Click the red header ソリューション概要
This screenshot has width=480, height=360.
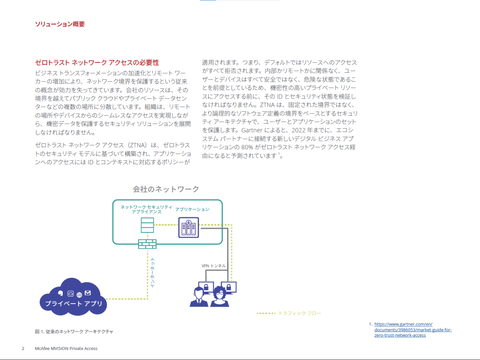tap(60, 24)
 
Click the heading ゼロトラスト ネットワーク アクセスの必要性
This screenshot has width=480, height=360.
tap(97, 62)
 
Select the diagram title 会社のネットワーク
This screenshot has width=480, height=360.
tap(166, 189)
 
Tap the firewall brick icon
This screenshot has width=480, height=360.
tap(147, 244)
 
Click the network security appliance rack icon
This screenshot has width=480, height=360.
tap(147, 225)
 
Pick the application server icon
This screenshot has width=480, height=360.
tap(188, 227)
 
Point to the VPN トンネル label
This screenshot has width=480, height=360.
tap(214, 266)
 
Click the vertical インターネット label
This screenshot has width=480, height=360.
tap(153, 272)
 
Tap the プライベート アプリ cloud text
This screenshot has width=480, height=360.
tap(74, 303)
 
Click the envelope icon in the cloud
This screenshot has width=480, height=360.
tap(88, 293)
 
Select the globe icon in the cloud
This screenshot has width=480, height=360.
tap(79, 295)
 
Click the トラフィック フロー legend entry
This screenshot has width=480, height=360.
tap(289, 313)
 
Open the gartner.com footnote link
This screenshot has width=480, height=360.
tap(413, 330)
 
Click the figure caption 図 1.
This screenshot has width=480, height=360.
tap(74, 332)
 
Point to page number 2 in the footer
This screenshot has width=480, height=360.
tap(23, 348)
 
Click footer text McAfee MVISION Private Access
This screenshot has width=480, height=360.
tap(66, 348)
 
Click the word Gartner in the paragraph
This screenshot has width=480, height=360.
tap(252, 130)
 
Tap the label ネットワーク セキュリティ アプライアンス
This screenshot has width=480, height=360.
tap(146, 209)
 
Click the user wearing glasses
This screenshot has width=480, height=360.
tap(220, 296)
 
